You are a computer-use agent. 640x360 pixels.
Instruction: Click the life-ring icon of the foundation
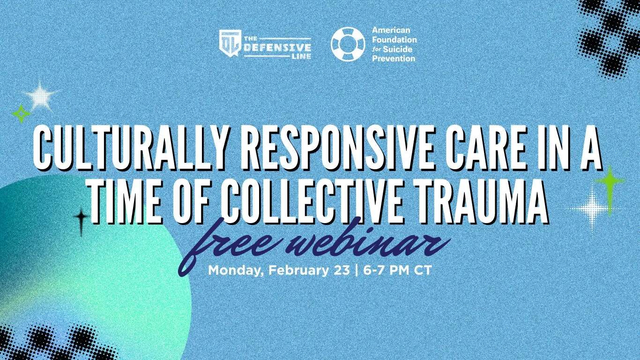(x=348, y=44)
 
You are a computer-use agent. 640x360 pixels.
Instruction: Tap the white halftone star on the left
(x=41, y=96)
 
